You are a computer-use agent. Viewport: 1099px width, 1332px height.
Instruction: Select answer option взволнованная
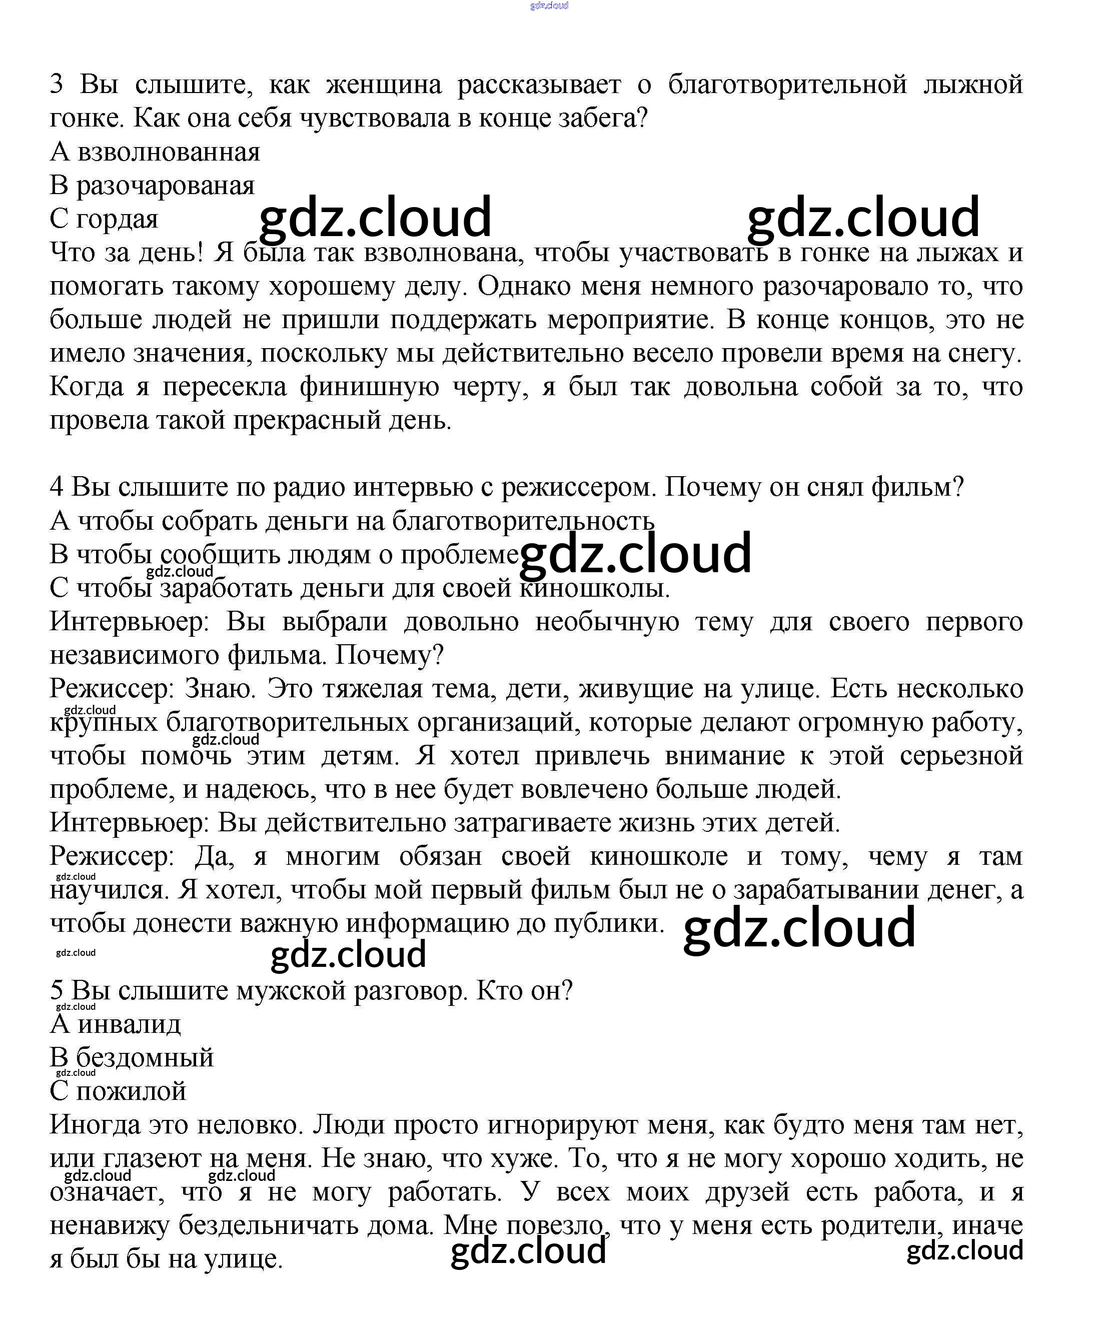[x=169, y=152]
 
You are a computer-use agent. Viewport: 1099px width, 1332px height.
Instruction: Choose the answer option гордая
[x=117, y=219]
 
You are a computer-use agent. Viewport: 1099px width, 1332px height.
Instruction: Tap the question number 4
[x=57, y=487]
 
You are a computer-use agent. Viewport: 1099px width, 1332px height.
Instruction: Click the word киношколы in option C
[x=594, y=588]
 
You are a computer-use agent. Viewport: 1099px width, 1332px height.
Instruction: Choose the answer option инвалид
[x=129, y=1024]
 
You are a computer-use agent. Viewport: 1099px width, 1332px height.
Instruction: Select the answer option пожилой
[x=131, y=1091]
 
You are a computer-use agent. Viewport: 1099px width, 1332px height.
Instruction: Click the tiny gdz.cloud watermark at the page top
[x=549, y=6]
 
